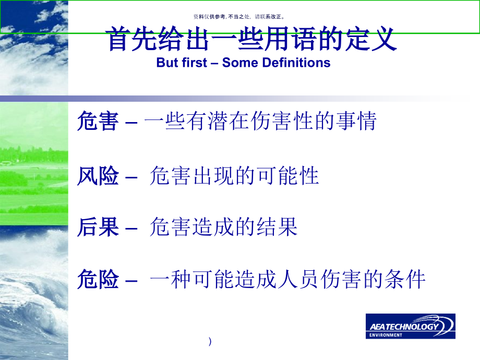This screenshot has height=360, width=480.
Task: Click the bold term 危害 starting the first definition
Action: coord(98,122)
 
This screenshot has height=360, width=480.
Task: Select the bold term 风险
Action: coord(98,176)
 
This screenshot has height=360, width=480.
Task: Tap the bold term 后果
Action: coord(98,227)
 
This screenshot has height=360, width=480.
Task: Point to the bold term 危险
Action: coord(98,280)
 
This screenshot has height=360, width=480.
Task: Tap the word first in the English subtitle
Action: coord(196,63)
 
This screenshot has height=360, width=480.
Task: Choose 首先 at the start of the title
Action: coord(128,40)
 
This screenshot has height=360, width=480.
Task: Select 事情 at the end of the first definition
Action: coord(356,122)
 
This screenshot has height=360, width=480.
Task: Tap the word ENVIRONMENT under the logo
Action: coord(386,334)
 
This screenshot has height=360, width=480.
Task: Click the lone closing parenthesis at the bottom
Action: coord(210,342)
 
